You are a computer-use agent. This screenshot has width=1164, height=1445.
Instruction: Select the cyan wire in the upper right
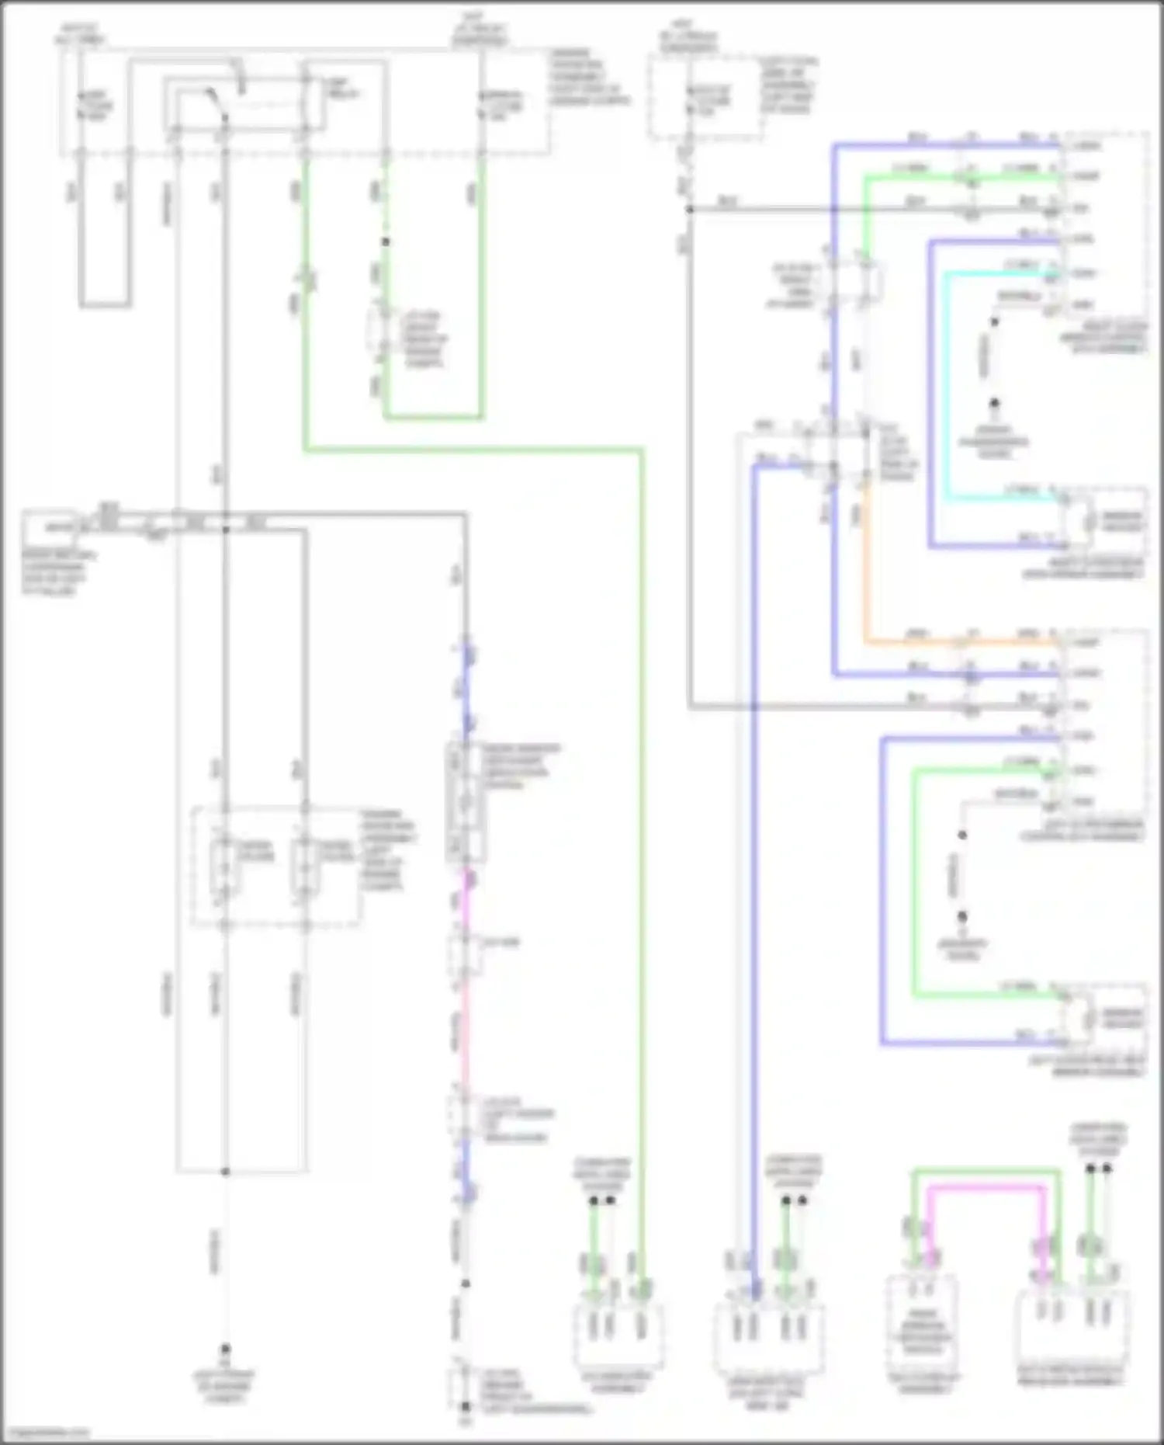pyautogui.click(x=945, y=388)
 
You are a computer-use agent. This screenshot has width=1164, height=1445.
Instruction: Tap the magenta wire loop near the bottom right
pyautogui.click(x=986, y=1187)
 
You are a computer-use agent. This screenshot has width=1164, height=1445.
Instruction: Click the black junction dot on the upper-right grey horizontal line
pyautogui.click(x=689, y=210)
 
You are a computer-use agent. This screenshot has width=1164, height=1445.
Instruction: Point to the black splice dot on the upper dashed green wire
pyautogui.click(x=385, y=242)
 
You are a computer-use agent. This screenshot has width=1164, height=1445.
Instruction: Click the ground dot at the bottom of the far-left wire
pyautogui.click(x=225, y=1349)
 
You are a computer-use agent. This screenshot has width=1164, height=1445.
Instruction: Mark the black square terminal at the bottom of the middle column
pyautogui.click(x=466, y=1406)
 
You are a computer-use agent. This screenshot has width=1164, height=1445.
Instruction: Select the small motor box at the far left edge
pyautogui.click(x=51, y=527)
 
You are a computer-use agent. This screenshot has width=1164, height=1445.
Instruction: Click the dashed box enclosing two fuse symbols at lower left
pyautogui.click(x=275, y=867)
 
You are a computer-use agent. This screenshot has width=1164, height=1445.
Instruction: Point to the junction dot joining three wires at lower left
pyautogui.click(x=225, y=1171)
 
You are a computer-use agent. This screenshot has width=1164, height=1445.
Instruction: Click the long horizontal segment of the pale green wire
pyautogui.click(x=473, y=449)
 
